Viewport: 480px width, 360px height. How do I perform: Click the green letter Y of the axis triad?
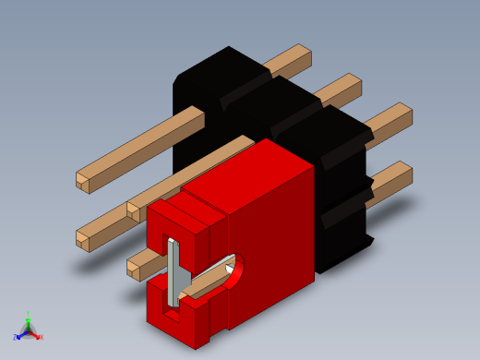point(30,314)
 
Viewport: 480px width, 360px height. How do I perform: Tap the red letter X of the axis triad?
point(41,337)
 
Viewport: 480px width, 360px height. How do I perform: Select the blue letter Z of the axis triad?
point(16,336)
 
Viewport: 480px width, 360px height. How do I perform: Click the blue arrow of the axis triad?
point(21,333)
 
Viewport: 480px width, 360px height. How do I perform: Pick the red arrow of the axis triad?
point(36,334)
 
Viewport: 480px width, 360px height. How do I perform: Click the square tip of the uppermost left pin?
point(83,181)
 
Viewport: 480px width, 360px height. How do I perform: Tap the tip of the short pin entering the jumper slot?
point(134,270)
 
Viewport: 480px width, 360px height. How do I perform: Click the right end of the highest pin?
point(305,54)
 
